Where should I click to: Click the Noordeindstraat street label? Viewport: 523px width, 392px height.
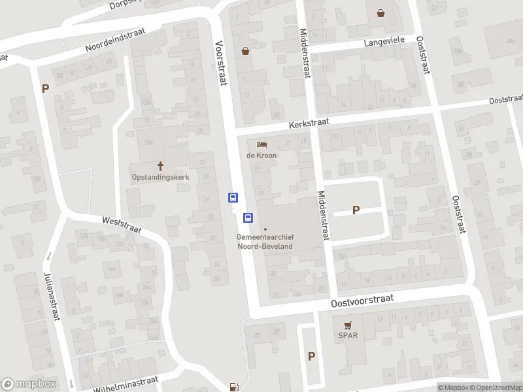124,41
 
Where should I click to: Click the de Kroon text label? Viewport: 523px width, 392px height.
261,155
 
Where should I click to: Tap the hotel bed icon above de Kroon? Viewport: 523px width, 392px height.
261,144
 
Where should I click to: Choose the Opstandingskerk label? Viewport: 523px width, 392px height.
160,177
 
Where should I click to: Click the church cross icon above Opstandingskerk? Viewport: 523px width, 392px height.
160,166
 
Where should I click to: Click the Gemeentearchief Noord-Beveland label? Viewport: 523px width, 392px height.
265,241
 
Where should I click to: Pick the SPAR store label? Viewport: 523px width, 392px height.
348,336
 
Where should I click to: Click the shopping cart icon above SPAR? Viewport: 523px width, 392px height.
348,325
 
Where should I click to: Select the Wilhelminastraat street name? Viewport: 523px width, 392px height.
126,382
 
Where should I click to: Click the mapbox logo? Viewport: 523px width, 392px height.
29,384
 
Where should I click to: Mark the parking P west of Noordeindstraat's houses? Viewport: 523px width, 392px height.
46,89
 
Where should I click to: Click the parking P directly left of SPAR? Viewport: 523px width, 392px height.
311,356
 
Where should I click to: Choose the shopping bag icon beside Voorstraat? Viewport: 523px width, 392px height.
246,50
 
